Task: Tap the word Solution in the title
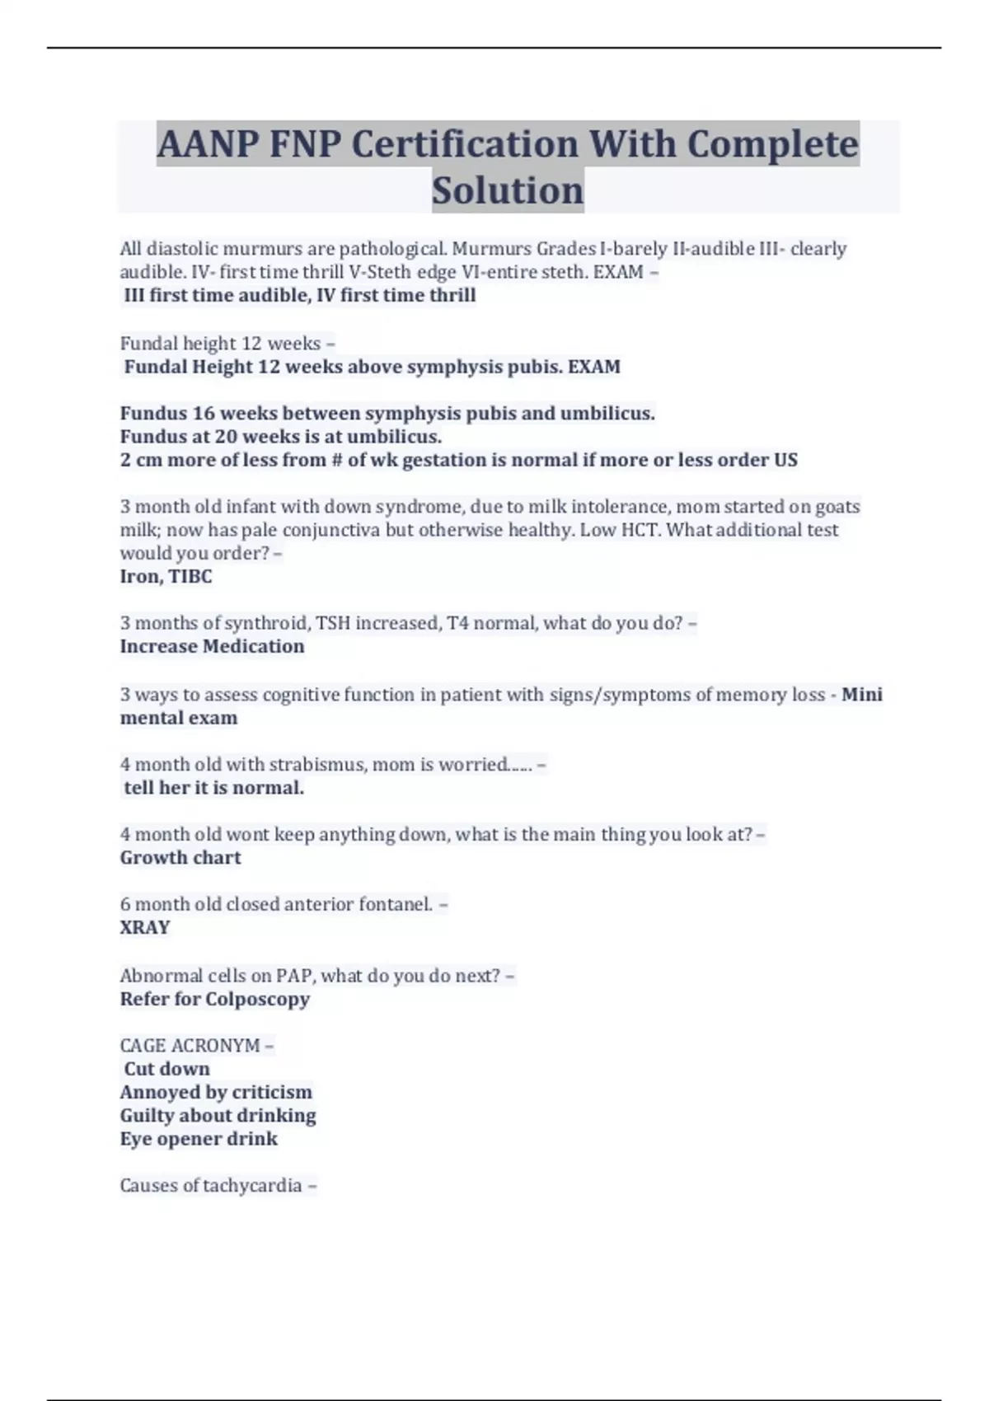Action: click(508, 190)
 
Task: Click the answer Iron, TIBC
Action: click(166, 576)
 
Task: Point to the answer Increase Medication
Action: click(212, 646)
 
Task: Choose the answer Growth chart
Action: click(180, 857)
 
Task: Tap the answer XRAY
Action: click(145, 927)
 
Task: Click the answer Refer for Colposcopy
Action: click(214, 999)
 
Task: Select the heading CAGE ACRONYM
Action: click(190, 1045)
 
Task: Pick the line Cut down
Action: click(166, 1069)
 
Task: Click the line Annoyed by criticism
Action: click(216, 1092)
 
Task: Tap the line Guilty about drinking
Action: click(218, 1115)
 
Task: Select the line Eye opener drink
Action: click(199, 1139)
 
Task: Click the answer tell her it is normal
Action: click(213, 788)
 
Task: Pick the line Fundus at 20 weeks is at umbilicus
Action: click(281, 436)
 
